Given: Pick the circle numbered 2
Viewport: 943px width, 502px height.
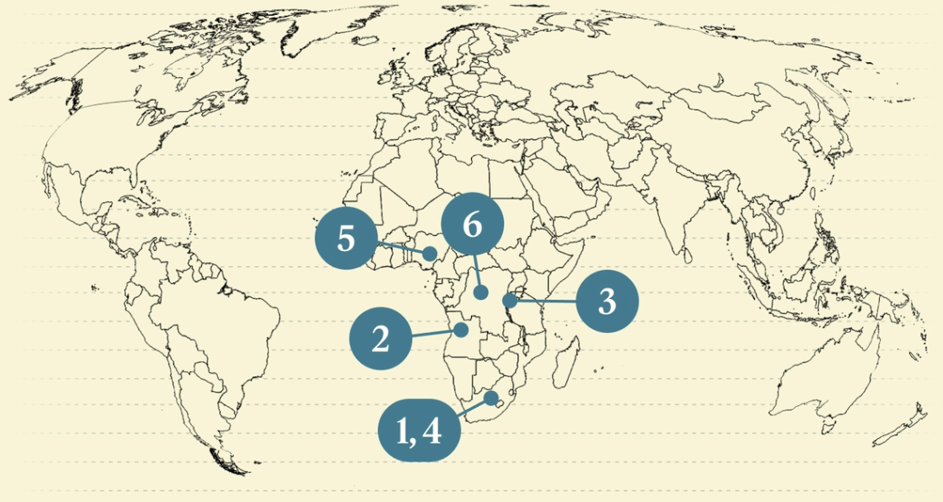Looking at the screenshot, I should (381, 338).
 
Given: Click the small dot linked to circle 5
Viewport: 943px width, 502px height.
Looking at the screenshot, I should (431, 253).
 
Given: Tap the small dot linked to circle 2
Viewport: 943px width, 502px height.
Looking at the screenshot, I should (462, 330).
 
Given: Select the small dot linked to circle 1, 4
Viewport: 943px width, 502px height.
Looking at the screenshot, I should (494, 398).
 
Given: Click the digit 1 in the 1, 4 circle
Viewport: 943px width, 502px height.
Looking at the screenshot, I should (403, 432).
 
